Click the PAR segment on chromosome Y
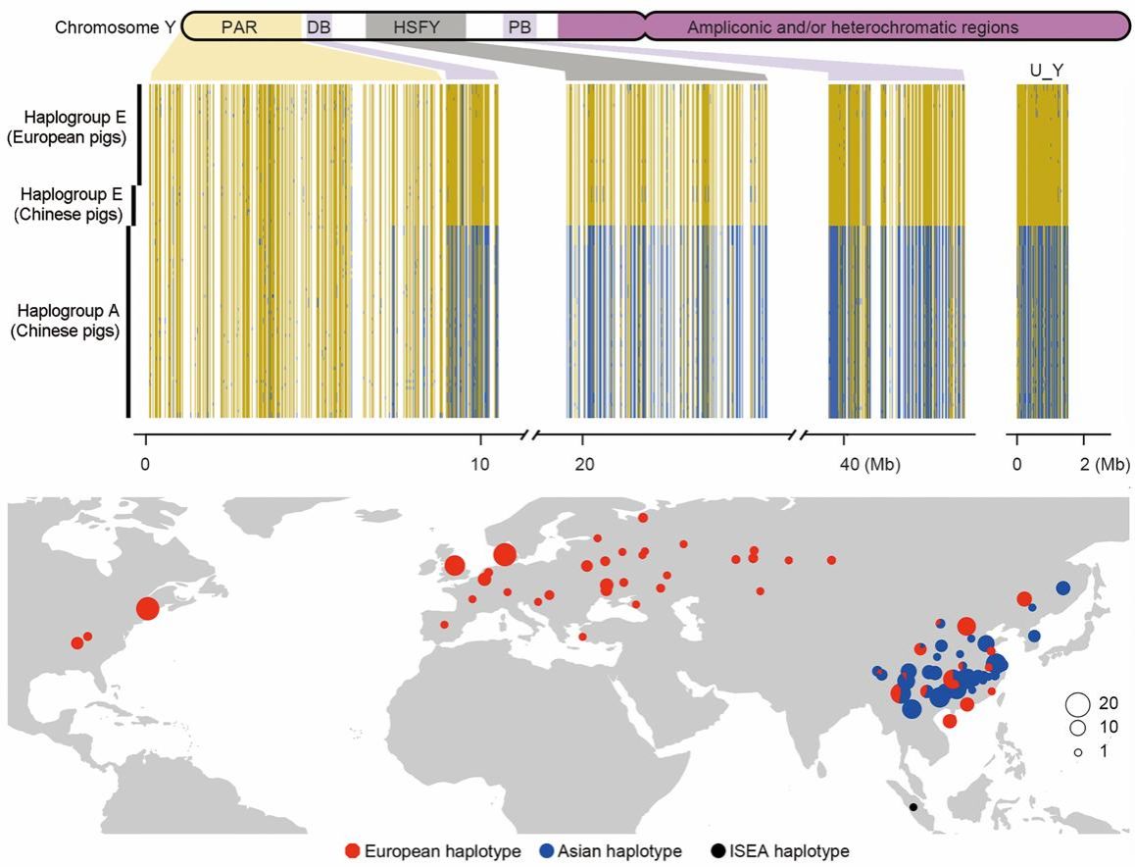[x=239, y=26]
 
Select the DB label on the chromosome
[x=319, y=26]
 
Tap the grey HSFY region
[x=416, y=26]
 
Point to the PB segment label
[x=519, y=26]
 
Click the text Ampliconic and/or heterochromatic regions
[x=853, y=26]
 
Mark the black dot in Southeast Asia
[x=913, y=807]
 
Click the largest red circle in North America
[x=147, y=609]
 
